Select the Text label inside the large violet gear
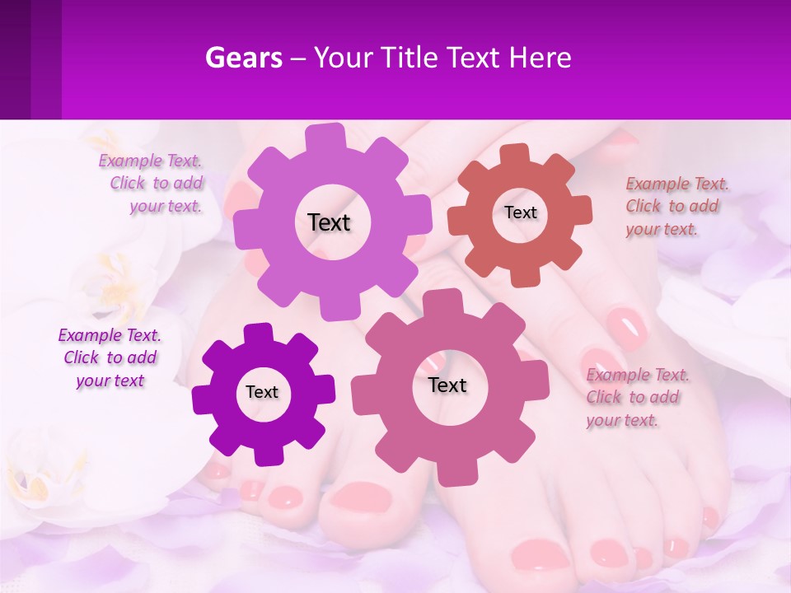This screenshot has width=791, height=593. coord(329,222)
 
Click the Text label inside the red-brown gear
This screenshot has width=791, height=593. coord(520,212)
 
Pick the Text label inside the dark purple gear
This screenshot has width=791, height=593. coord(262,392)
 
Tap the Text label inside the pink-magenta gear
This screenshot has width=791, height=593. coord(447,385)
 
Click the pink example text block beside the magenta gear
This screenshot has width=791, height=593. coord(636,397)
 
